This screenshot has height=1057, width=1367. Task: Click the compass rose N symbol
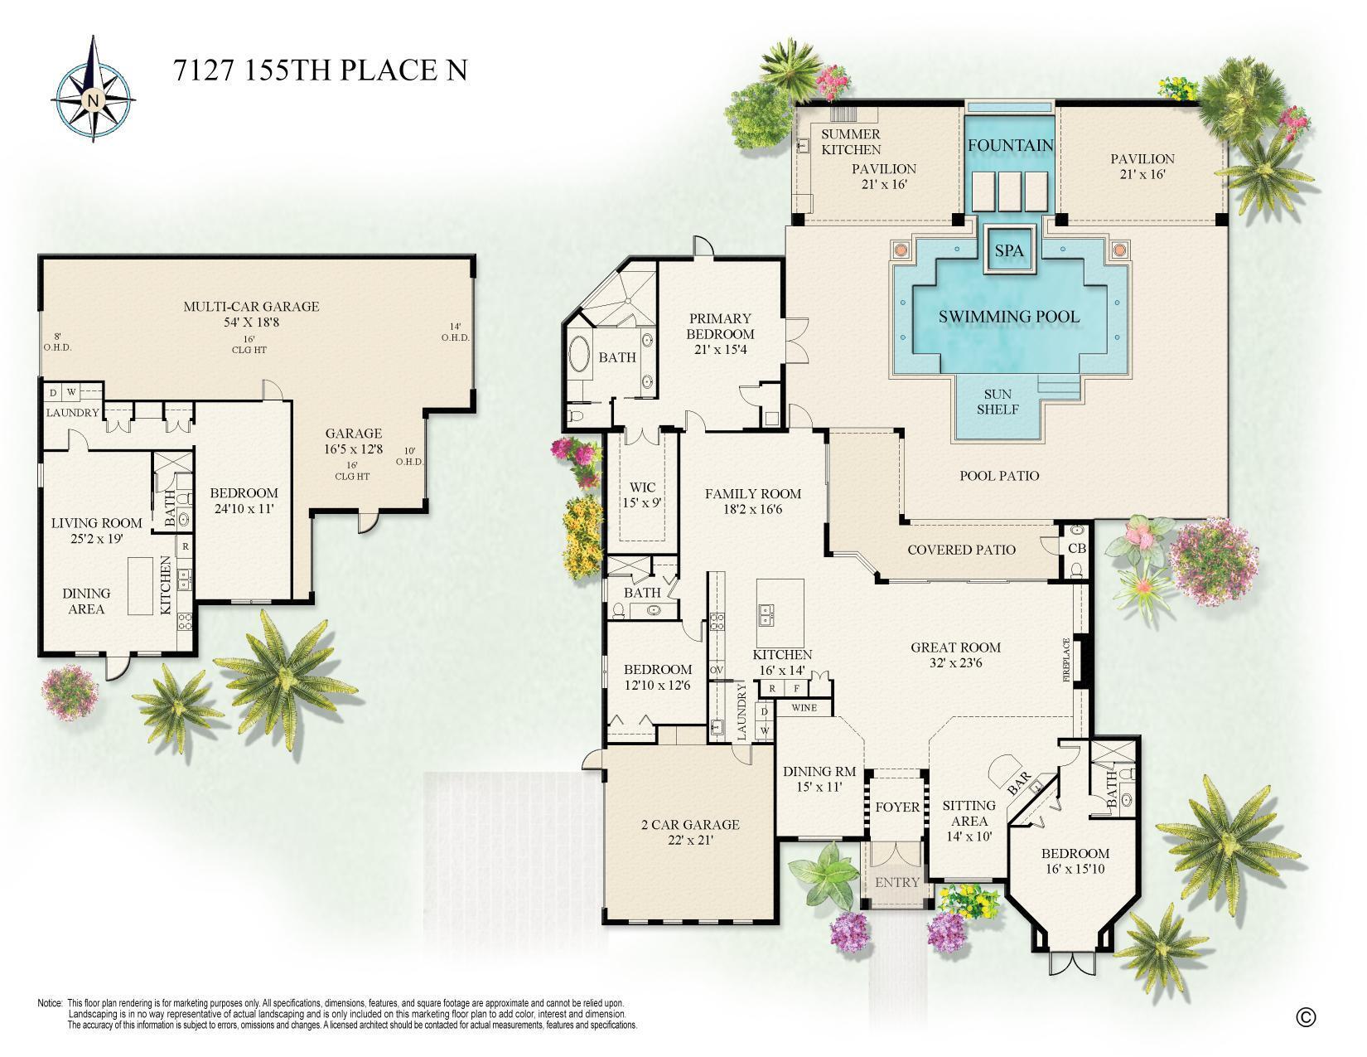pyautogui.click(x=93, y=101)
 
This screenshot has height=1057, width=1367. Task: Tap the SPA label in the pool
pyautogui.click(x=1008, y=250)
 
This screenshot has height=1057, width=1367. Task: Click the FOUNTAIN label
pyautogui.click(x=1011, y=146)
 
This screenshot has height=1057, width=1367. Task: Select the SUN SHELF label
pyautogui.click(x=997, y=402)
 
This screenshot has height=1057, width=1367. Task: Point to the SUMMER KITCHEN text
pyautogui.click(x=851, y=142)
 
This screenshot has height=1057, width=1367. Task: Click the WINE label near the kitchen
pyautogui.click(x=804, y=708)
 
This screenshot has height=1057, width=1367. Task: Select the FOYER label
pyautogui.click(x=897, y=807)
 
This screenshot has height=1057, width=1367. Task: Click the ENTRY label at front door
pyautogui.click(x=897, y=882)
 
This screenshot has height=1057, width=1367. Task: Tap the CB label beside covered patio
pyautogui.click(x=1076, y=549)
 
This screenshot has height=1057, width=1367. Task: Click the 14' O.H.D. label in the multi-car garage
pyautogui.click(x=455, y=332)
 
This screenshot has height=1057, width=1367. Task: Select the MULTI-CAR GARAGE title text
pyautogui.click(x=250, y=307)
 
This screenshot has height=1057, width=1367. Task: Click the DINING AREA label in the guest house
pyautogui.click(x=86, y=601)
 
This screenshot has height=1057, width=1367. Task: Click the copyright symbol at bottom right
pyautogui.click(x=1306, y=1016)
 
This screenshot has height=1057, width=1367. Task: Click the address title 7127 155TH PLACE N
pyautogui.click(x=320, y=70)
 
